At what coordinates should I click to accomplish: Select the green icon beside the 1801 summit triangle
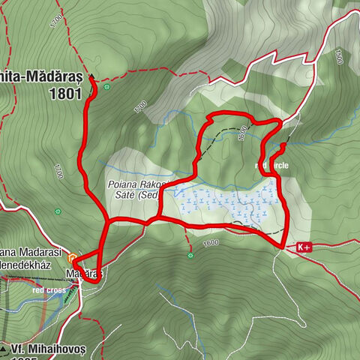coord(107,87)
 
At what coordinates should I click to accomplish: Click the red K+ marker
coord(304,246)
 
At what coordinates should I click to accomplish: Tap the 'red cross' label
coord(49,289)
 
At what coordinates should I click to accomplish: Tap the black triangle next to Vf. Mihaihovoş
coord(5,349)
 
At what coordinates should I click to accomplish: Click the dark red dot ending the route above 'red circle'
coord(281,145)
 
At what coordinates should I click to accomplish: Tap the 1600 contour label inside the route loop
coord(241,133)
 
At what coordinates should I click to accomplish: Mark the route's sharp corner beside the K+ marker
coord(283,246)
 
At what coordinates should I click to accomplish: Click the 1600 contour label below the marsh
coord(210,242)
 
